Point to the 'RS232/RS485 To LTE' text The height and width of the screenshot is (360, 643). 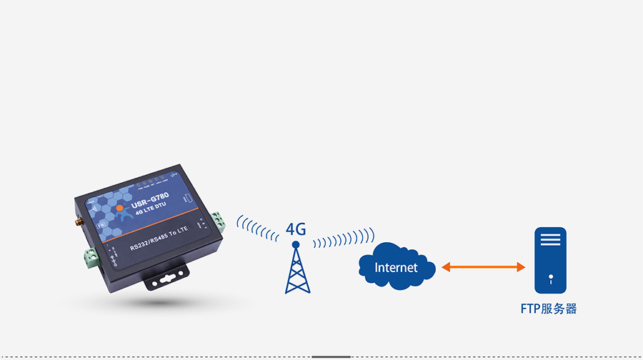159,241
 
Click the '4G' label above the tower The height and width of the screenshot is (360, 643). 296,229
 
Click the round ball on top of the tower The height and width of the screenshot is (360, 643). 296,245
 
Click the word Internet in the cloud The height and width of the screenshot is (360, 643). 397,268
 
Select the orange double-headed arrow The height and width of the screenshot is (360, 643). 483,267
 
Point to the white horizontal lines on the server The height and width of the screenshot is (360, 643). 550,240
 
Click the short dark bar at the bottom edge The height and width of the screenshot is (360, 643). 331,356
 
